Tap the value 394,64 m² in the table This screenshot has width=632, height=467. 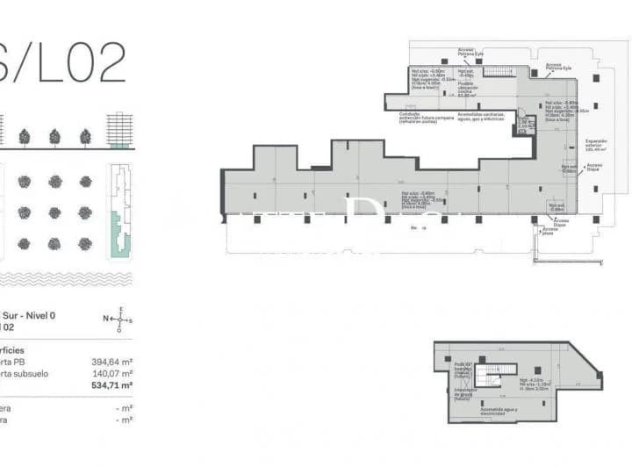[x=112, y=361]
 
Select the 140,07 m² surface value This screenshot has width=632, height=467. [x=112, y=373]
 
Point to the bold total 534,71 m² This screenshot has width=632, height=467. [x=112, y=385]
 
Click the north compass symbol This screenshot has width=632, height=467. [x=120, y=320]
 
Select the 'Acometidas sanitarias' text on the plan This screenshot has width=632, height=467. [x=481, y=114]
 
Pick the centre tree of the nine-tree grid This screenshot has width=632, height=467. [x=54, y=212]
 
